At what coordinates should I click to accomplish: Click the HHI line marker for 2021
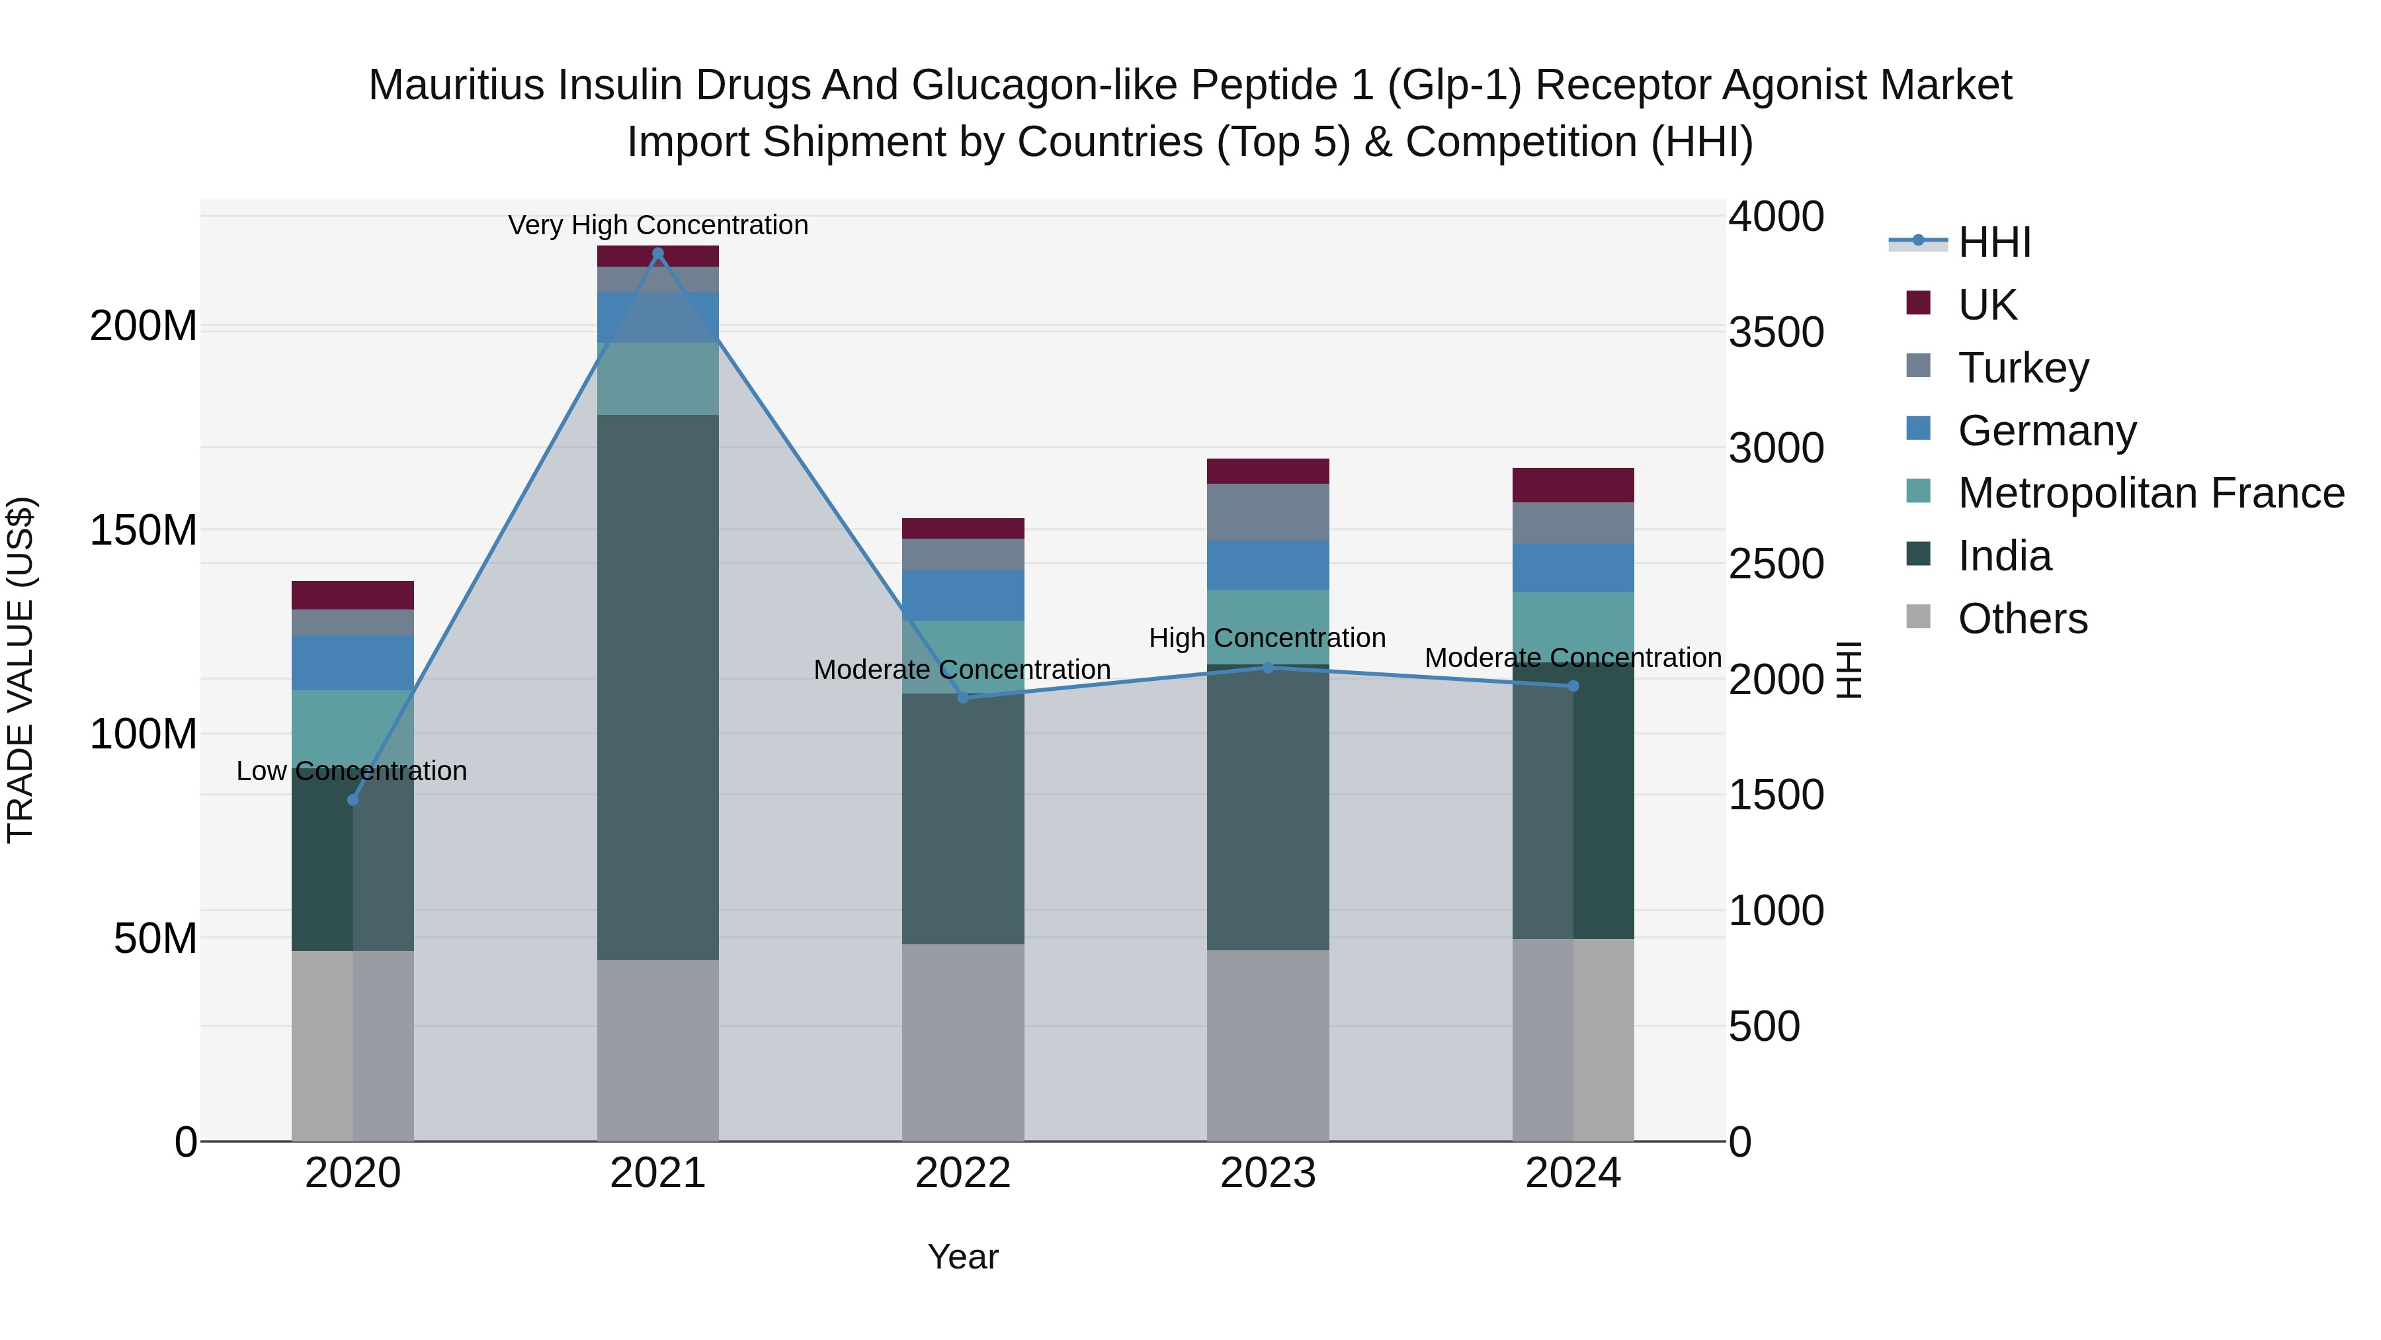point(657,253)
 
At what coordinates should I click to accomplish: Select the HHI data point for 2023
point(1267,667)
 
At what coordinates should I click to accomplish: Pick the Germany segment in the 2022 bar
point(962,595)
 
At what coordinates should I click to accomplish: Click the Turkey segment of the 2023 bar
point(1267,512)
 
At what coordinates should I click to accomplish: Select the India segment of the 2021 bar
point(657,686)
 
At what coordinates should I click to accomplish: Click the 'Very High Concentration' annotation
point(657,225)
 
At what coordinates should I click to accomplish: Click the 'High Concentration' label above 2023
point(1267,637)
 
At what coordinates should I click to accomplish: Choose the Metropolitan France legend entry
point(2150,493)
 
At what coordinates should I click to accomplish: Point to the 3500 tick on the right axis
point(1776,333)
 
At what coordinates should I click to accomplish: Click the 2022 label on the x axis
point(962,1173)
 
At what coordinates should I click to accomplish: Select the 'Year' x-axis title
point(962,1257)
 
